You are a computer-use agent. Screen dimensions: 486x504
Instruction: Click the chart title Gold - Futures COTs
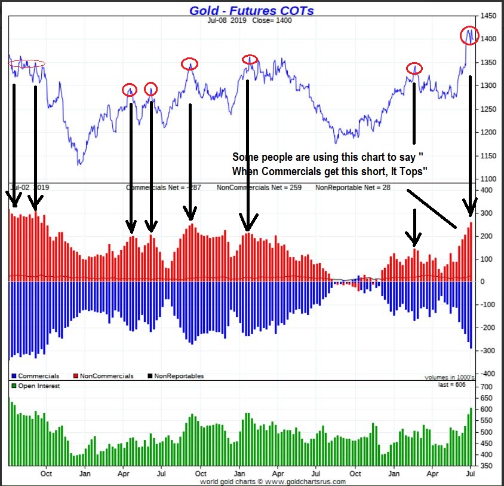point(251,10)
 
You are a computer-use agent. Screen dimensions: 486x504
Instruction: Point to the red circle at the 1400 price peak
point(470,35)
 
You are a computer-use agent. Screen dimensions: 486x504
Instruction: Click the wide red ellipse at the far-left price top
point(26,63)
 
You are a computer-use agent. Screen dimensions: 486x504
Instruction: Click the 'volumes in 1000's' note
point(449,377)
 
